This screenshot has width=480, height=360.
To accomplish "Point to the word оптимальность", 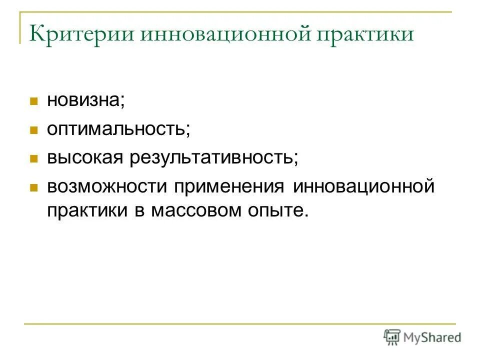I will tap(118, 129).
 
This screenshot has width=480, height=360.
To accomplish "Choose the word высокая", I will tap(85, 158).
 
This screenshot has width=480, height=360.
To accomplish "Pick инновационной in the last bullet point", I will tap(364, 187).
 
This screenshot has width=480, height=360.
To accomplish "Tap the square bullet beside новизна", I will tap(34, 101).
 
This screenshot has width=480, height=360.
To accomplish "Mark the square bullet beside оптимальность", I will tap(34, 130).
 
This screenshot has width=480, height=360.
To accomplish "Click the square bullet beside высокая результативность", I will tap(34, 159).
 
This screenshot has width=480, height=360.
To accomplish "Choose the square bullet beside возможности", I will tap(34, 188).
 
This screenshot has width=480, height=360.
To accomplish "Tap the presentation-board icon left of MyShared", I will tap(392, 337).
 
